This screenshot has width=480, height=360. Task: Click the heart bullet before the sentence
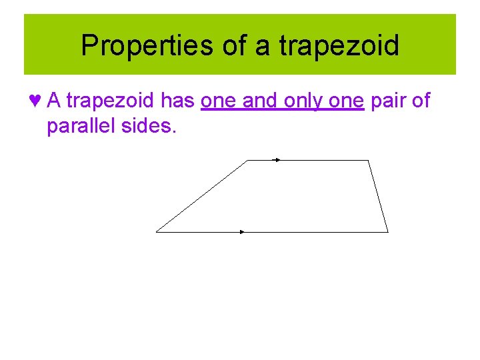(x=35, y=101)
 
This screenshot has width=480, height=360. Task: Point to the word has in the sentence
(x=177, y=101)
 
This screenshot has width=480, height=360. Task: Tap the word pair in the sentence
(x=387, y=101)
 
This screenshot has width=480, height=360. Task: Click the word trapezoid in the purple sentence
(x=111, y=101)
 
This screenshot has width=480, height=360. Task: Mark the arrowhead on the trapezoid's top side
(x=277, y=160)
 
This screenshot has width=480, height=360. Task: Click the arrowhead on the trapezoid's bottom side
(x=243, y=232)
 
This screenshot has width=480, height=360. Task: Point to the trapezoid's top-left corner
(x=248, y=161)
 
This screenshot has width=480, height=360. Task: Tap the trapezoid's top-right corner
(x=368, y=161)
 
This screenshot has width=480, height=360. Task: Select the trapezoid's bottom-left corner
(x=157, y=232)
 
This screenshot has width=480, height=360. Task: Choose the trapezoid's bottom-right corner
(x=387, y=232)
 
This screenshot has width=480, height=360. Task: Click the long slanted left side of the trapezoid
(x=202, y=197)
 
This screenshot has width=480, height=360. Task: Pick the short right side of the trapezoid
(x=378, y=197)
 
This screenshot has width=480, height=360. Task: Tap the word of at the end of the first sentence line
(x=421, y=101)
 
